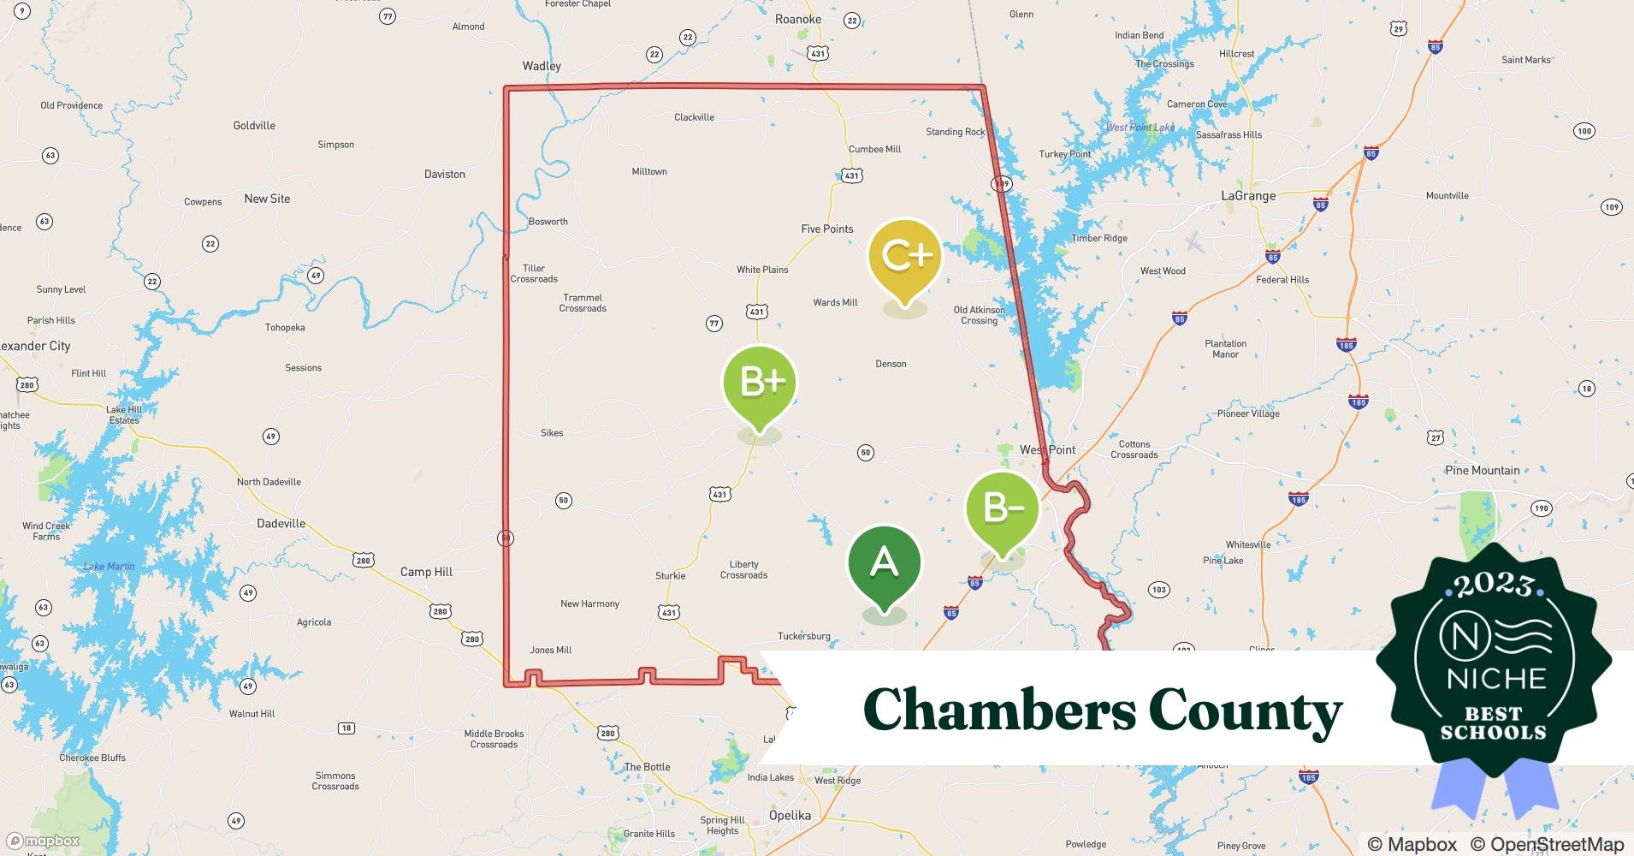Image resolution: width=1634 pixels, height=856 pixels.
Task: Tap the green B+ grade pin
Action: click(759, 382)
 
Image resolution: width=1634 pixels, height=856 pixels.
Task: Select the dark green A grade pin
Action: click(884, 563)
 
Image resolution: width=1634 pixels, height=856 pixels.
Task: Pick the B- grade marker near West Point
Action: click(1002, 508)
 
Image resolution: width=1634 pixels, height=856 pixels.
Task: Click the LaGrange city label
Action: click(1247, 196)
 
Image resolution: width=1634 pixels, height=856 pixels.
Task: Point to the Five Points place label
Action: click(826, 229)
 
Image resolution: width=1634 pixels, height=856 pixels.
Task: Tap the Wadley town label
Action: click(542, 66)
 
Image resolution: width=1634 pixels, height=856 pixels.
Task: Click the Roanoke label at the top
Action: click(797, 19)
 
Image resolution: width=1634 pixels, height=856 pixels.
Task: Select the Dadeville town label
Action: click(281, 523)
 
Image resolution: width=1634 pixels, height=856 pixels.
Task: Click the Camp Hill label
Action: click(426, 572)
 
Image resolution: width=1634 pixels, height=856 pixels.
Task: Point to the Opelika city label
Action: click(789, 815)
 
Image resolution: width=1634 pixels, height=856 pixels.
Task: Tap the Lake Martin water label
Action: click(109, 566)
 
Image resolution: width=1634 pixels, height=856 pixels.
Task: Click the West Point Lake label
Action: click(1140, 128)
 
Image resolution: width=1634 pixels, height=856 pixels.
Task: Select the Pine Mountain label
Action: click(1482, 470)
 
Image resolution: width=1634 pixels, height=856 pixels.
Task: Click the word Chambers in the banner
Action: click(997, 710)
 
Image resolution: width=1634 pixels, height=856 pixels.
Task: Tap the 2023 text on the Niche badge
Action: click(1493, 585)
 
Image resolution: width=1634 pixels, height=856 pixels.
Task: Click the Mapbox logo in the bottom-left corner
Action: click(43, 841)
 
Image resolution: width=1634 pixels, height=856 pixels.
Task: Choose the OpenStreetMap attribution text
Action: click(1547, 844)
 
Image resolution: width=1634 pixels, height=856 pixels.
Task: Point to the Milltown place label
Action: click(648, 171)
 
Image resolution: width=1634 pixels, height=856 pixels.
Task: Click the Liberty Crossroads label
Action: click(743, 569)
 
